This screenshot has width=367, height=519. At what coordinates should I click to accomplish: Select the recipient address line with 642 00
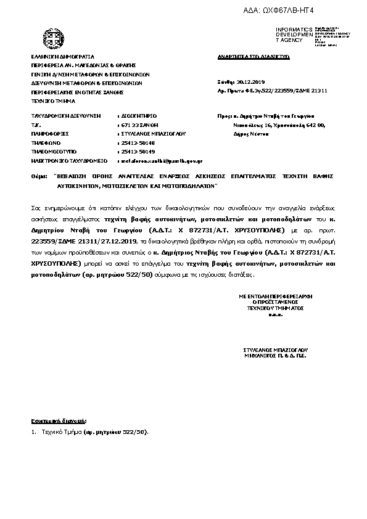pyautogui.click(x=274, y=125)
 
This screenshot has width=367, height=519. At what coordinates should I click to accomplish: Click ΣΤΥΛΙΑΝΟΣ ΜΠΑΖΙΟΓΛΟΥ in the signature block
pyautogui.click(x=272, y=349)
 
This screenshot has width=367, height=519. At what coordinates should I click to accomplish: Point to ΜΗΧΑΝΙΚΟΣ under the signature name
pyautogui.click(x=259, y=356)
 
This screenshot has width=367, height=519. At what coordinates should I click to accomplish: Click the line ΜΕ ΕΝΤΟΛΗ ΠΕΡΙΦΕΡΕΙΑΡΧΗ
pyautogui.click(x=272, y=296)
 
